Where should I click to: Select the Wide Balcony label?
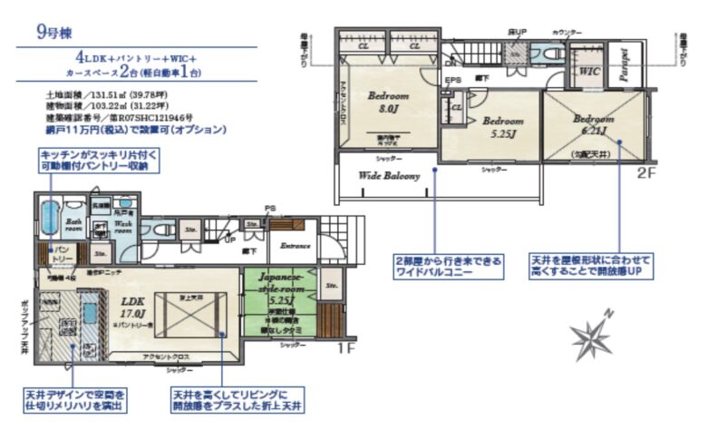point(390,176)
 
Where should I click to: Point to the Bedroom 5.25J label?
point(503,126)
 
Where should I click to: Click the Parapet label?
point(625,65)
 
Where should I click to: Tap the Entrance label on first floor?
point(295,245)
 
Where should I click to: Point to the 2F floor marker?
point(645,171)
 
